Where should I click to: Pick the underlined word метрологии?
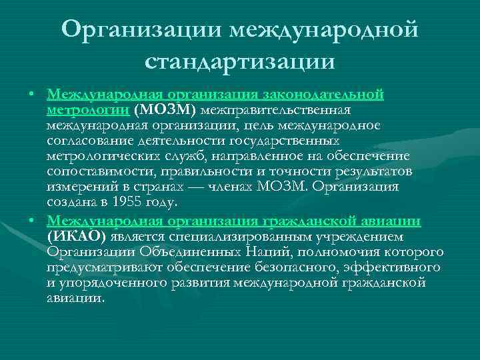click(88, 109)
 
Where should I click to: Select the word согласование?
click(89, 141)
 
